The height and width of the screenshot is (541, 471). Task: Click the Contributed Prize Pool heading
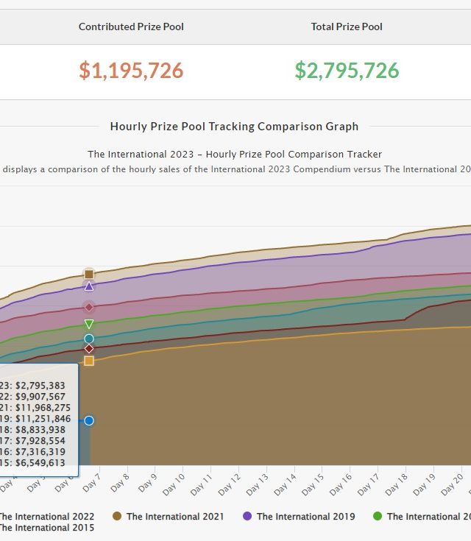coord(131,26)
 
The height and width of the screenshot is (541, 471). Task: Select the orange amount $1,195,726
coord(131,71)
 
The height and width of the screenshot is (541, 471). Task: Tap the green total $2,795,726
coord(347,71)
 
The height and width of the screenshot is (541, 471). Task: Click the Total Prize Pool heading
coord(347,26)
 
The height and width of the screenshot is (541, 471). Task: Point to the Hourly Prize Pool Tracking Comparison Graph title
coord(234,127)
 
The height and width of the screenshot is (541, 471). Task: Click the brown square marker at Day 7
coord(89,274)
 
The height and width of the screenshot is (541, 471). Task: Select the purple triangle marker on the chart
coord(89,286)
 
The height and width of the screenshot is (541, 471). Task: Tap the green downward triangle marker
coord(89,324)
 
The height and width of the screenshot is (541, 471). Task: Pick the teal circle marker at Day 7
coord(89,339)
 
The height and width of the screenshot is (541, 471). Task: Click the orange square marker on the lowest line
coord(89,361)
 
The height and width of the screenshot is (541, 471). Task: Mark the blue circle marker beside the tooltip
coord(89,420)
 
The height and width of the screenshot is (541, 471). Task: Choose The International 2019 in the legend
coord(305,517)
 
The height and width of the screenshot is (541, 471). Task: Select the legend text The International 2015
coord(46,527)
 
